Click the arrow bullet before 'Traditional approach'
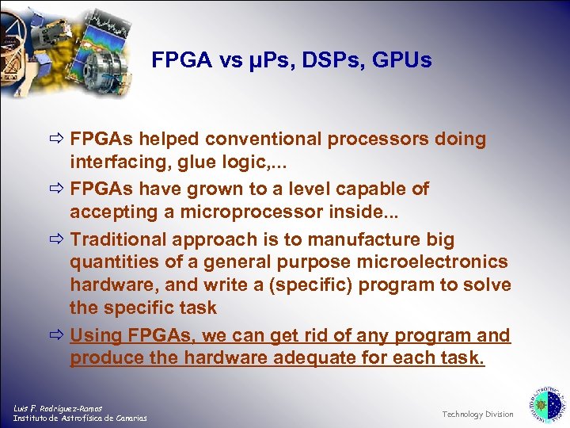point(58,239)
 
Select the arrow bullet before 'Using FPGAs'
point(58,335)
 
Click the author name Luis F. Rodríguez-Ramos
point(57,407)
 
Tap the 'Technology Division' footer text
point(477,415)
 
